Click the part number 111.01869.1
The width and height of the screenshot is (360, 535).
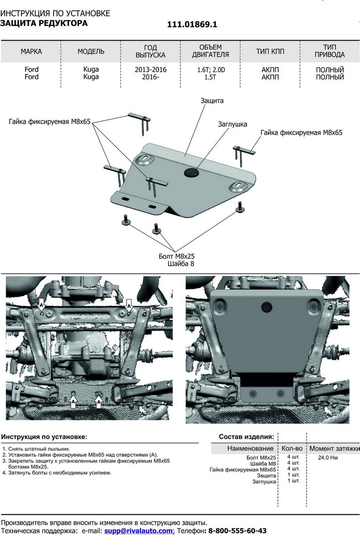192,25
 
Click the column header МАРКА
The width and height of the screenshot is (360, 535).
31,52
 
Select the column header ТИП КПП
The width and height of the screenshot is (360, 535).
270,52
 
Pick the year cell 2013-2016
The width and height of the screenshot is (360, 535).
151,70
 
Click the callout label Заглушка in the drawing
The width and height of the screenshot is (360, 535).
232,124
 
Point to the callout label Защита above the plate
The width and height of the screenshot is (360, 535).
212,101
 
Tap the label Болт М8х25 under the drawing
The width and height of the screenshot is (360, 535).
177,256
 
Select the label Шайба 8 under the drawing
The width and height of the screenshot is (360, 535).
181,264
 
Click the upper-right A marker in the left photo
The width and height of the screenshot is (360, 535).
129,306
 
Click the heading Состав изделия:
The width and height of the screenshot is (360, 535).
246,436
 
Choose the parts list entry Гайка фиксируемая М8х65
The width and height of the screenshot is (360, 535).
243,469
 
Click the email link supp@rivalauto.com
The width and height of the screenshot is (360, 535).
139,531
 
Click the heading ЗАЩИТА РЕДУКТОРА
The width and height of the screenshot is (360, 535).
44,23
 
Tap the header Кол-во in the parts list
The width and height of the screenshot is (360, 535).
292,448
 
